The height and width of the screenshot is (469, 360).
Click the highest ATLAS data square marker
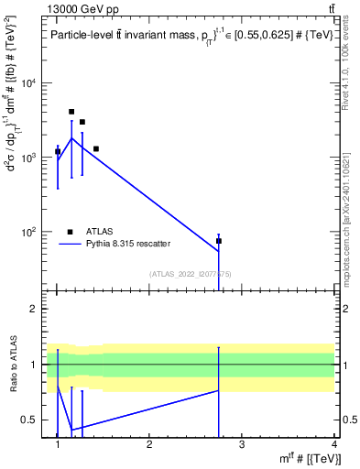[71, 112]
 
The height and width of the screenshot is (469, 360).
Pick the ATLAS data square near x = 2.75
[219, 241]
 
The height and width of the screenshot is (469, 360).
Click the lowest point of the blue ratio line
[71, 430]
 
